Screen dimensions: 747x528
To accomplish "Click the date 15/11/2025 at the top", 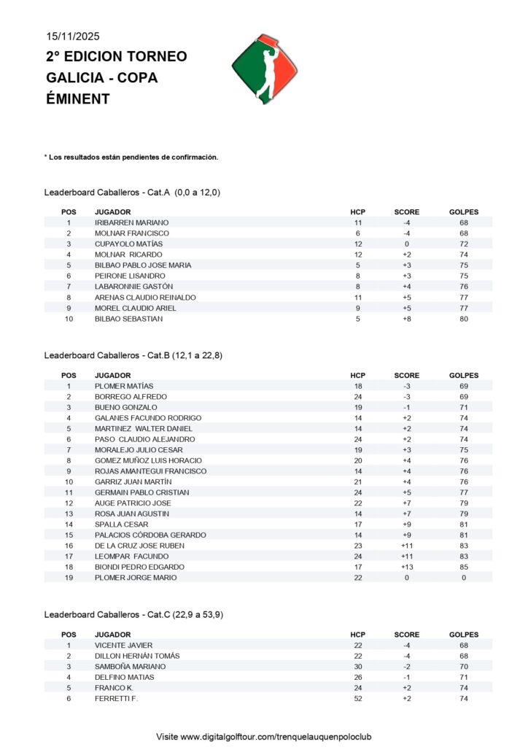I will (72, 36).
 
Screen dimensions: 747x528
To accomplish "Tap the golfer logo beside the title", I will (265, 69).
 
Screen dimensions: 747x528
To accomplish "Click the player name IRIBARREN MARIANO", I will (131, 222).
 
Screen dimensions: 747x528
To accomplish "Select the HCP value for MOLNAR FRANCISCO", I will (358, 233).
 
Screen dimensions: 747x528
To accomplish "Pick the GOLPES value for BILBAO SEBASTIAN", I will (464, 319).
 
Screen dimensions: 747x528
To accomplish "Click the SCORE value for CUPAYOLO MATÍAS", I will (407, 244).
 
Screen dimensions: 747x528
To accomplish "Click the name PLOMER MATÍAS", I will (124, 386).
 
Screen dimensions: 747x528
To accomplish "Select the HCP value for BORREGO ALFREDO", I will (358, 396).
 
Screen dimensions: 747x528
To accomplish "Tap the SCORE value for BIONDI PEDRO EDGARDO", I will (407, 567).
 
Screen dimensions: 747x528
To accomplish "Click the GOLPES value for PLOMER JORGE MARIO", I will (464, 578).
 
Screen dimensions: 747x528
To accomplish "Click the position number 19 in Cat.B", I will (69, 578).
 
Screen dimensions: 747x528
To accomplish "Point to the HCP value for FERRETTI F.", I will (358, 699).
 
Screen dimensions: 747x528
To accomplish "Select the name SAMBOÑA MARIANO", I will (130, 667).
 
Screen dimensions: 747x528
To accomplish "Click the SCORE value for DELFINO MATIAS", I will (407, 677).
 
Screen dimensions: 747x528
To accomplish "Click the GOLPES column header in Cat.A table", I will (464, 212).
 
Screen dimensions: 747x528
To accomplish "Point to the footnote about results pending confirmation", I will (131, 157).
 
